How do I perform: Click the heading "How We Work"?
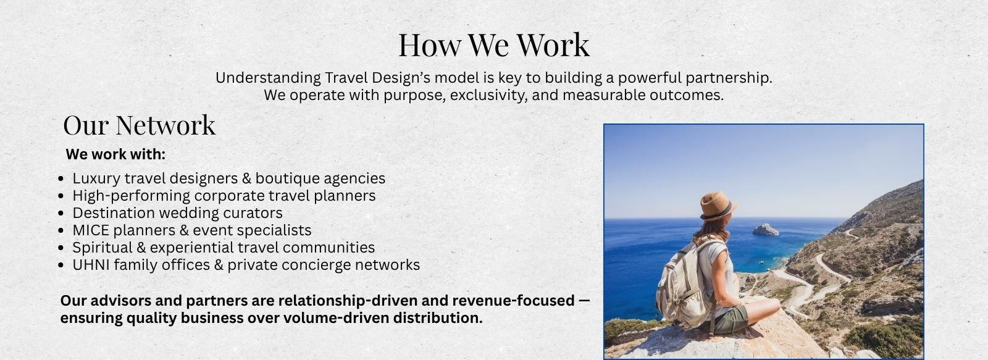pos(493,44)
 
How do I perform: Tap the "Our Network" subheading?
pos(140,125)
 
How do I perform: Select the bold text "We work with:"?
pos(115,154)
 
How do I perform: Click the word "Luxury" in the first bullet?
pos(96,178)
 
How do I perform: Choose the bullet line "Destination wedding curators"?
pos(177,213)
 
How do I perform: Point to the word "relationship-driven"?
pos(348,301)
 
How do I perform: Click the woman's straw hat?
pos(717,206)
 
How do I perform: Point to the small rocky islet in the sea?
pos(766,230)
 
